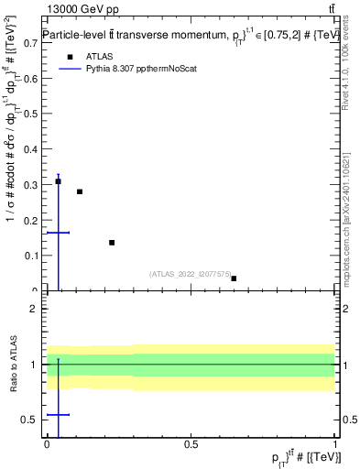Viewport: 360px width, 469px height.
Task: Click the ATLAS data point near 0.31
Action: coord(58,181)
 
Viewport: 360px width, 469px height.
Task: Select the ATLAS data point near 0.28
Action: coord(80,191)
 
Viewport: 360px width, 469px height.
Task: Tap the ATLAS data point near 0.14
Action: coord(112,243)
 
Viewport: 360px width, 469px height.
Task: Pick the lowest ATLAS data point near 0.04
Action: coord(234,278)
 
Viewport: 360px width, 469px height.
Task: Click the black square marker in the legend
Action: coord(69,56)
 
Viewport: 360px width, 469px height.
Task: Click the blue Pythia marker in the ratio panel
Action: coord(58,415)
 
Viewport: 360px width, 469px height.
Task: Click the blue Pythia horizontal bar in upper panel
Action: coord(58,233)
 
